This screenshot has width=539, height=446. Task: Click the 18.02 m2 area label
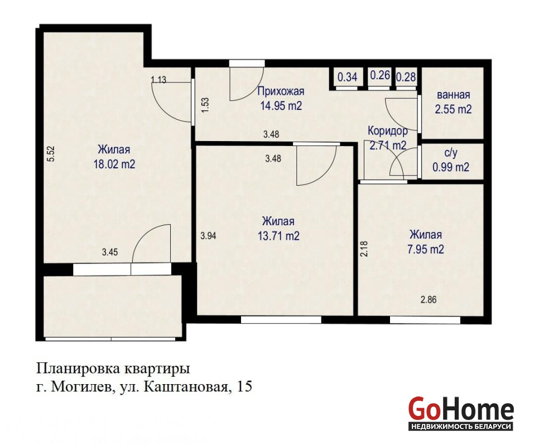point(114,164)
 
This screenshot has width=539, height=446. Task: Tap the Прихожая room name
point(281,91)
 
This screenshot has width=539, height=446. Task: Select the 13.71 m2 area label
point(278,236)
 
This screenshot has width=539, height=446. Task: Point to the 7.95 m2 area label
point(426,249)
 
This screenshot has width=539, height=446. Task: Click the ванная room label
point(454,95)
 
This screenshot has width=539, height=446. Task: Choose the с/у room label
point(451,153)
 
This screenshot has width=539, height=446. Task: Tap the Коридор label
point(388,131)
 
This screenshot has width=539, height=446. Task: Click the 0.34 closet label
point(347,77)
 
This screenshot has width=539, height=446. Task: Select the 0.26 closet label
point(380,75)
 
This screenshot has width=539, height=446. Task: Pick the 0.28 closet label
point(406,77)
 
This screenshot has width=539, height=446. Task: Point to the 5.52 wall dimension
point(51,154)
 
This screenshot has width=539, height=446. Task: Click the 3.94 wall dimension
point(208,236)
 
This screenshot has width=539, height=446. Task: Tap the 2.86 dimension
point(429,300)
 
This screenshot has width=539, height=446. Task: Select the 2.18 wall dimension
point(364,249)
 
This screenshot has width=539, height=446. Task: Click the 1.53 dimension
point(205,105)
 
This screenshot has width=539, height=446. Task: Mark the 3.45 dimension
point(110,253)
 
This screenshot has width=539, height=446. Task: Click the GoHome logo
point(461,413)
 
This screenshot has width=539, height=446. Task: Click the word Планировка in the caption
point(78,370)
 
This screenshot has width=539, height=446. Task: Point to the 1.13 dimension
point(158,80)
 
